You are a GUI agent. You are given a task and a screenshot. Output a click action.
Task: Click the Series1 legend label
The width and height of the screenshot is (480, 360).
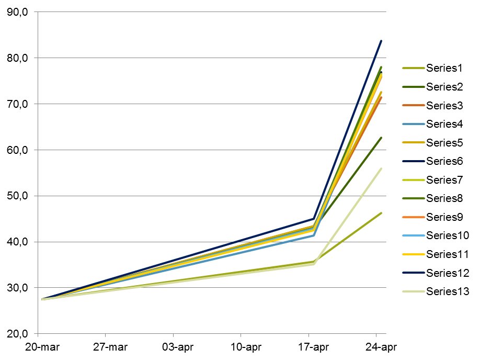(x=444, y=68)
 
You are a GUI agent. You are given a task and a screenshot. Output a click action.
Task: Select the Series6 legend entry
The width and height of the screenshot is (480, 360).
(x=444, y=161)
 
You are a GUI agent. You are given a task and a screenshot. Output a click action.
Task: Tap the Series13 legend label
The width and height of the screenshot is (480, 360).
(x=447, y=291)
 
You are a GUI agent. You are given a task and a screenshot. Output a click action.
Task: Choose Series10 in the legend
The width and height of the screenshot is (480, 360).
(x=447, y=235)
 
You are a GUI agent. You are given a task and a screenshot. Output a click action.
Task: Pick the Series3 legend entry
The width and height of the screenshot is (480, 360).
(x=444, y=105)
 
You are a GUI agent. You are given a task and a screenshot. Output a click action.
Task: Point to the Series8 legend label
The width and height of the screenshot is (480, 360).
(x=444, y=198)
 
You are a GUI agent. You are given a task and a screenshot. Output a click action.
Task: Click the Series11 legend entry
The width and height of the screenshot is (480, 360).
(x=447, y=254)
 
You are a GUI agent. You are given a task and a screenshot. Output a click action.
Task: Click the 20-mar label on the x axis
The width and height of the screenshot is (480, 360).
(x=41, y=347)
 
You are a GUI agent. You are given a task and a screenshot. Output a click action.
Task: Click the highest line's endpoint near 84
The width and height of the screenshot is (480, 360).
(x=381, y=41)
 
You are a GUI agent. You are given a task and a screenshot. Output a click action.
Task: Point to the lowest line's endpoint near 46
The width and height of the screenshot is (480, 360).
(x=381, y=213)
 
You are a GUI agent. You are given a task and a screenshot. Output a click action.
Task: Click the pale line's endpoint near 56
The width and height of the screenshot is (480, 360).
(x=381, y=168)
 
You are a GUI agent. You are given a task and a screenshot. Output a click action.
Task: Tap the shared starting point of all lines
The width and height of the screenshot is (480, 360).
(x=42, y=299)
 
